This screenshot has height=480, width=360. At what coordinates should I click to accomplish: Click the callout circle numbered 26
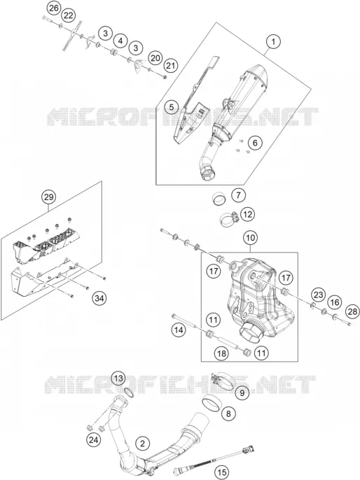point(54,8)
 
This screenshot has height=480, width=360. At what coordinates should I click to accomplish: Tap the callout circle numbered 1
point(274,41)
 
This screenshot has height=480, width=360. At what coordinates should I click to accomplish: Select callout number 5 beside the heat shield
point(172,107)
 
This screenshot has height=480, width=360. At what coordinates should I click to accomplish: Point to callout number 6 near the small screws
point(255,142)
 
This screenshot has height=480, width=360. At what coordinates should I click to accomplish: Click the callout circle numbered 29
point(49,197)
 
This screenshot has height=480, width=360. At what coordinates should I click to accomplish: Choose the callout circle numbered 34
point(99,298)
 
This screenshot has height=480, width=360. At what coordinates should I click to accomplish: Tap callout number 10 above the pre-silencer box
point(250,238)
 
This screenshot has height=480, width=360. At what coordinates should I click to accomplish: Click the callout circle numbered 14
point(179,330)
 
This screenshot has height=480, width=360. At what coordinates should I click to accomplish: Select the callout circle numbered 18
point(222,354)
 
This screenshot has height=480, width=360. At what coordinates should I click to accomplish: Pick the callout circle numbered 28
point(352,311)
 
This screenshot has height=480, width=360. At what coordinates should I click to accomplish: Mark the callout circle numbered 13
point(118,379)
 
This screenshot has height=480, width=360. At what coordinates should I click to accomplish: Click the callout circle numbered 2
point(142,443)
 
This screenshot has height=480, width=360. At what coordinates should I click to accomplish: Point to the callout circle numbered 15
point(221,473)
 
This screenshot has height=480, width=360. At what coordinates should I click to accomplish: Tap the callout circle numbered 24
point(93,440)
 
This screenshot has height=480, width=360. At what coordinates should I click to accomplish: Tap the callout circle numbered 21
point(171,66)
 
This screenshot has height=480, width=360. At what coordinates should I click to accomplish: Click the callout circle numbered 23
point(319,295)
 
